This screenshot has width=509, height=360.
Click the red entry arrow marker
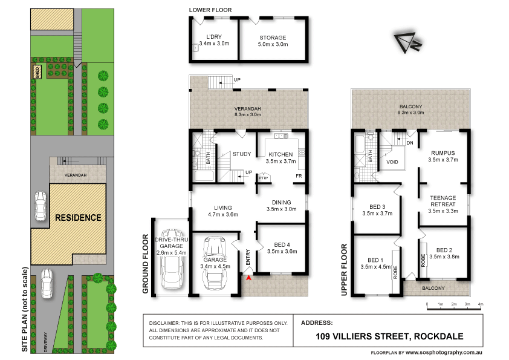[249, 277]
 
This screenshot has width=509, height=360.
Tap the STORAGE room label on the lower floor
[273, 38]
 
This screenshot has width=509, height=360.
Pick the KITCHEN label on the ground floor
[282, 154]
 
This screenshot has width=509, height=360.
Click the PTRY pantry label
[264, 178]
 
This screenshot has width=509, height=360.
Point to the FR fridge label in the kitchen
[299, 177]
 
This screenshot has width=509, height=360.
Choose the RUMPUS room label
[443, 152]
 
